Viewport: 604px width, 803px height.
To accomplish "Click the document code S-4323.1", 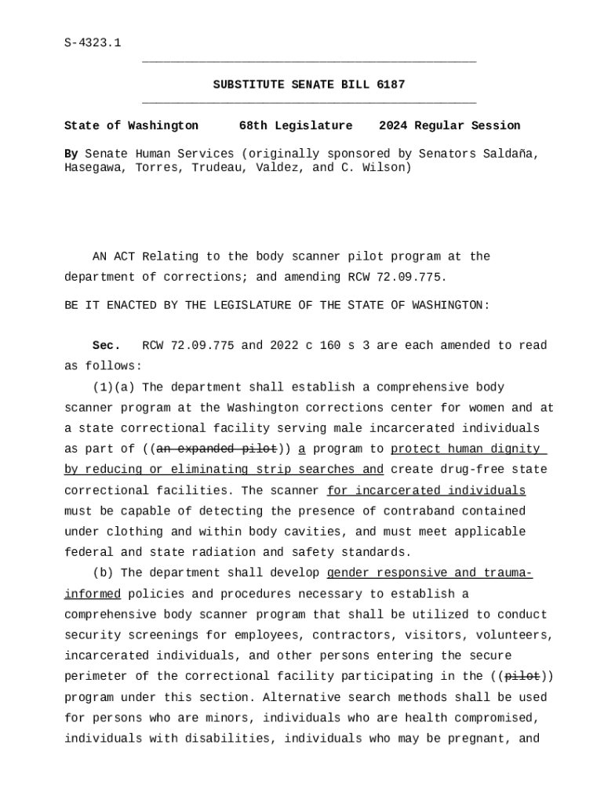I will pos(92,42).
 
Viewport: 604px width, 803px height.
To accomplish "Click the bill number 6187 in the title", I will pos(391,85).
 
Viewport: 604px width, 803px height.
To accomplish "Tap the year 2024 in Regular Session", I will pos(393,125).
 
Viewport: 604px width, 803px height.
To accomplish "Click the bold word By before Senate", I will pos(71,154).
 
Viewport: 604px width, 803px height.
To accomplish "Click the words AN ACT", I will pos(114,256).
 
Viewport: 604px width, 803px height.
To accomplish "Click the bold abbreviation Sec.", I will pos(107,346).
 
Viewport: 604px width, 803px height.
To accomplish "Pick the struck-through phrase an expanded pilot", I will pos(216,449).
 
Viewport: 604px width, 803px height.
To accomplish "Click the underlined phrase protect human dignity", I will pos(465,449).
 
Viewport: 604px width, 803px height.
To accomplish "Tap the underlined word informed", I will pos(92,594).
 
